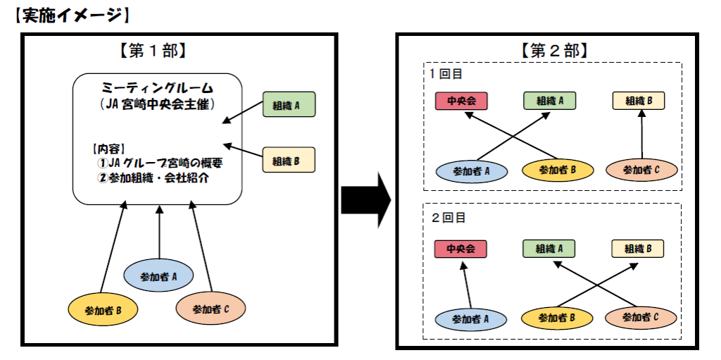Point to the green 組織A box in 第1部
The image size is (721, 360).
click(289, 104)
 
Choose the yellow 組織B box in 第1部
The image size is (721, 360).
click(289, 160)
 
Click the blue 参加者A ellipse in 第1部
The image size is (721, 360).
click(158, 276)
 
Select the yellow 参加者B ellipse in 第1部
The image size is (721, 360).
click(103, 309)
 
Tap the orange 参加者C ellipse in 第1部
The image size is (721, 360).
click(211, 309)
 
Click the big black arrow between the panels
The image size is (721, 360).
click(366, 200)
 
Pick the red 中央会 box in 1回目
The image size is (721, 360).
click(461, 101)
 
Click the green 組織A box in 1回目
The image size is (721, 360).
click(549, 101)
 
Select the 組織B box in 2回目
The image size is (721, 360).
click(638, 249)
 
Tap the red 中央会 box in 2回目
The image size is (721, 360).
click(460, 249)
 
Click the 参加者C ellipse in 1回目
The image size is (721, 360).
click(641, 169)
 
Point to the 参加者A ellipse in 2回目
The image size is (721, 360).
click(471, 318)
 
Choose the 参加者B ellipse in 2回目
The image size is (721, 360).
click(557, 318)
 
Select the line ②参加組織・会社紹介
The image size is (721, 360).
click(153, 178)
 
